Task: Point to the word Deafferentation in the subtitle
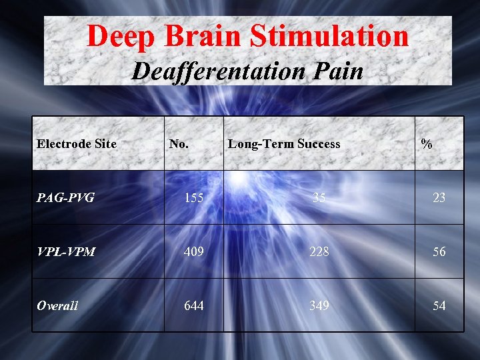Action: point(213,71)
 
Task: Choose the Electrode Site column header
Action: point(77,144)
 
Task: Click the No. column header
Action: point(179,144)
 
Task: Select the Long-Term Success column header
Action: point(284,144)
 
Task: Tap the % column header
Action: point(427,144)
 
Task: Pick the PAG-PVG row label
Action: point(65,197)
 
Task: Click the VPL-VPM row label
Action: point(66,252)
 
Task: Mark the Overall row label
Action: point(57,305)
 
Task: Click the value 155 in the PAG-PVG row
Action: point(194,197)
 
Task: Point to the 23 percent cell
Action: point(439,197)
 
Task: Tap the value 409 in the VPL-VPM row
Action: point(194,252)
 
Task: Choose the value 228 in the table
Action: point(319,252)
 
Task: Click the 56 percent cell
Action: point(439,252)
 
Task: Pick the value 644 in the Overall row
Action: point(194,305)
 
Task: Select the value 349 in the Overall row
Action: point(319,305)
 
